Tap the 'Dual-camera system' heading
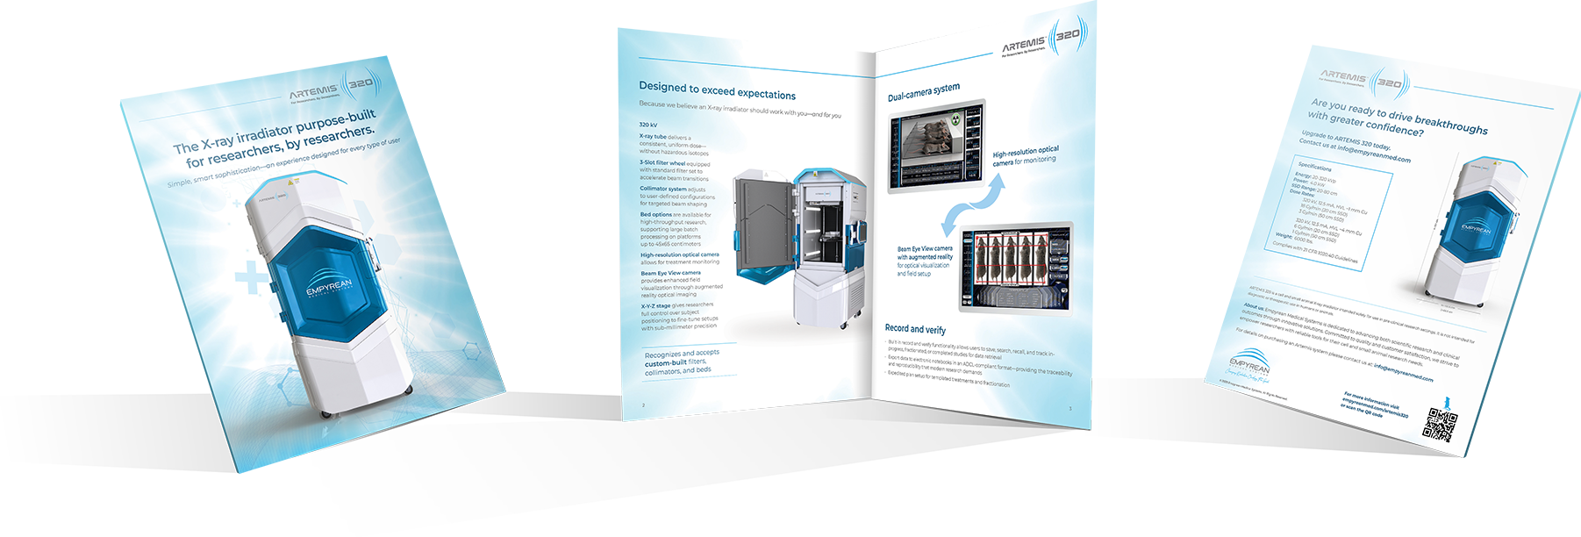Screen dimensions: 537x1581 coord(923,91)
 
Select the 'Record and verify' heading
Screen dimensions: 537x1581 coord(915,329)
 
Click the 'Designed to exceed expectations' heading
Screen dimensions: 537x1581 coord(717,90)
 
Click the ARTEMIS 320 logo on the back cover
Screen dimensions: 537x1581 coord(1365,80)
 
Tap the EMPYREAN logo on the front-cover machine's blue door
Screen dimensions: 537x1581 coord(328,290)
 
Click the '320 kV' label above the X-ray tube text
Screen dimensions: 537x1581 coord(647,125)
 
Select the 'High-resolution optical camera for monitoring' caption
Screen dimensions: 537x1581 coord(1025,156)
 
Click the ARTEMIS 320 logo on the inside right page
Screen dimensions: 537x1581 coord(1044,40)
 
